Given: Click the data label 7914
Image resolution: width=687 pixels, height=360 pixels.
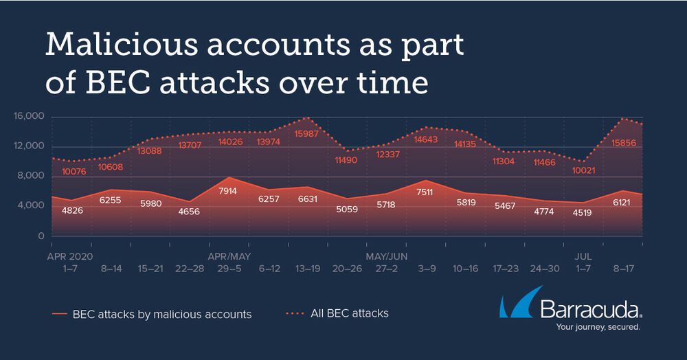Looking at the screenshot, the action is tap(227, 191).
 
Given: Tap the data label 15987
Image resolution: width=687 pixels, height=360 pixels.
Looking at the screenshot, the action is tap(306, 134).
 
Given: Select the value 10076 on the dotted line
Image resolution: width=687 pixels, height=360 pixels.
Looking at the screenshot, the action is tap(74, 172).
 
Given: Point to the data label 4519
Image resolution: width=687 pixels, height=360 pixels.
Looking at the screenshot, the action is tap(583, 213).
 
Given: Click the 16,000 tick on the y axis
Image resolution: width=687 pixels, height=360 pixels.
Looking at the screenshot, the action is tap(29, 116).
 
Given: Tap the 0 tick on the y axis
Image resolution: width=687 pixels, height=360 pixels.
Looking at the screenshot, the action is tap(41, 236).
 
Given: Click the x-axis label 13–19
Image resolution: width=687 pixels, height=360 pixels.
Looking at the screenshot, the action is tap(308, 269).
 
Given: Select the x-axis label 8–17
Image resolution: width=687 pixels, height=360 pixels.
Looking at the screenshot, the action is tap(624, 269).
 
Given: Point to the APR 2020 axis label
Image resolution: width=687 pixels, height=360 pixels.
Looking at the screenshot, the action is tap(69, 257).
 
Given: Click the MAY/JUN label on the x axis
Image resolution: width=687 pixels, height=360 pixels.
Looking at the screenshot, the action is tap(386, 256).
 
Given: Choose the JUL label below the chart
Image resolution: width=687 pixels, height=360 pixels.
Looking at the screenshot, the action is tap(583, 257).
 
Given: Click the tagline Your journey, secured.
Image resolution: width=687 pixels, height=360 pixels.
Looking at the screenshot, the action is tap(598, 327).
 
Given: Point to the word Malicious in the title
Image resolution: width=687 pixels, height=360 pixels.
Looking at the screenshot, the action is tap(122, 44).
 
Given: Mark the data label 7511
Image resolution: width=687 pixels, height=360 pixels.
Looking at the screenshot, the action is tap(425, 192).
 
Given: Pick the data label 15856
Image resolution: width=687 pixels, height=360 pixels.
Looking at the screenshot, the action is tap(624, 143).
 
